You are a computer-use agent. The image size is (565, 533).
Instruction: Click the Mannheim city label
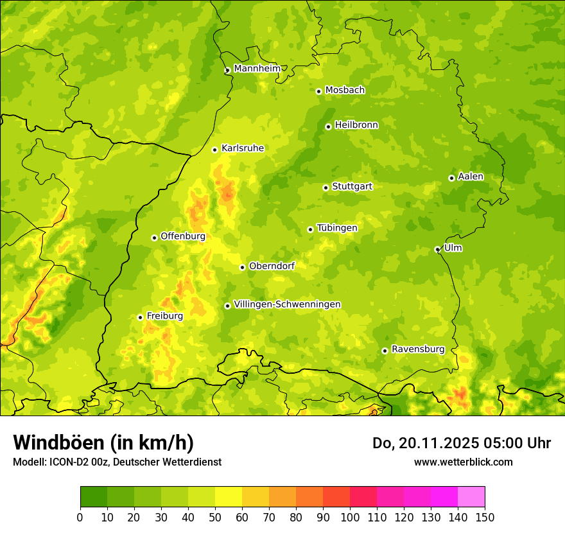click(257, 69)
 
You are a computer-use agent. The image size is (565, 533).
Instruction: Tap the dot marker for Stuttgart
click(326, 188)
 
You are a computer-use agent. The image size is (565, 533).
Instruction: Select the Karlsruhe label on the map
click(242, 148)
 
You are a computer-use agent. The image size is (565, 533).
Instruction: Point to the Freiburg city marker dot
click(140, 317)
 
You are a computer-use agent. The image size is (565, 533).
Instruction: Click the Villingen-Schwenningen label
click(287, 304)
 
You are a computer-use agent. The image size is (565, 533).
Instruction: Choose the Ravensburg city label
click(417, 349)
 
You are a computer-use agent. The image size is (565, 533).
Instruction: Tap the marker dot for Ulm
click(437, 249)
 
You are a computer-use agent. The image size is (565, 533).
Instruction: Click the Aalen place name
click(471, 177)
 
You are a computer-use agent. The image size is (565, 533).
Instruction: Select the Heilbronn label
click(356, 125)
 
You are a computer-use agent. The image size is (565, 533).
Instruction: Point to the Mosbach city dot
click(318, 91)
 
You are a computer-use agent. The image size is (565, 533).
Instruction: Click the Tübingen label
click(337, 228)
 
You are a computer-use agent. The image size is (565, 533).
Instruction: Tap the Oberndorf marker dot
click(242, 267)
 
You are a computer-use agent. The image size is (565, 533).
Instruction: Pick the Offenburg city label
click(183, 236)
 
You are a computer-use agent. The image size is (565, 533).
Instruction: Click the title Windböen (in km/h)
click(103, 442)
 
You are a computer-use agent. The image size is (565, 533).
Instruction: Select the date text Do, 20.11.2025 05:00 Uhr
click(461, 443)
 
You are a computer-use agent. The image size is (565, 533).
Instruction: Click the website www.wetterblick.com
click(463, 462)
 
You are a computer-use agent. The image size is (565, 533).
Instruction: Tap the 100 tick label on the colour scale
click(350, 518)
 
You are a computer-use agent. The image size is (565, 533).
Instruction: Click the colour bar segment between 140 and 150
click(471, 497)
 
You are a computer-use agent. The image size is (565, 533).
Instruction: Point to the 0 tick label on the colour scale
click(80, 518)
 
